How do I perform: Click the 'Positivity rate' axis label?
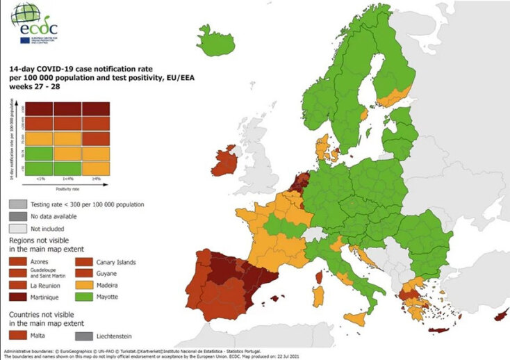(70, 188)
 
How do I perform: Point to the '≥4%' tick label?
(96, 179)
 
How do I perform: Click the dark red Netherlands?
(299, 183)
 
